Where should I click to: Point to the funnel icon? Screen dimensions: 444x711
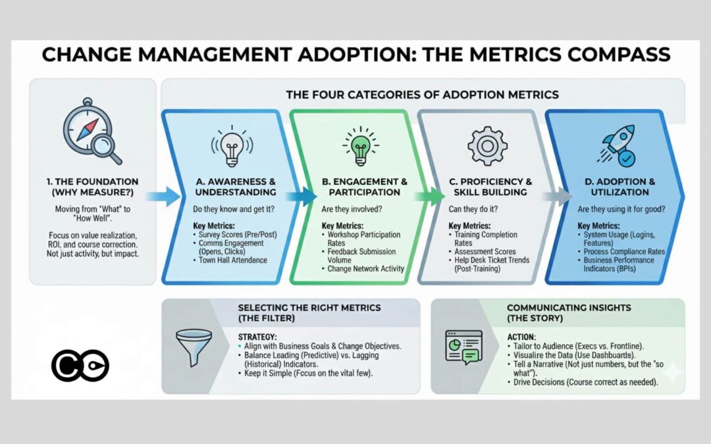194,347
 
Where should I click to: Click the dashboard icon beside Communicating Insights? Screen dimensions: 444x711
464,347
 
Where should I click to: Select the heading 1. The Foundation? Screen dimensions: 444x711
92,187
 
